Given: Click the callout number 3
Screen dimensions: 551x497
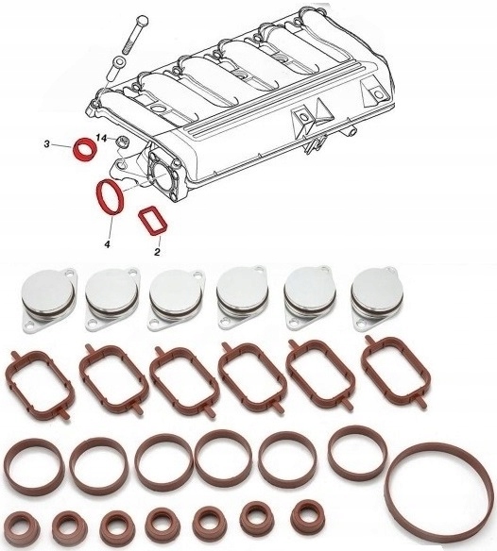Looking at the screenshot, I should tap(45, 143).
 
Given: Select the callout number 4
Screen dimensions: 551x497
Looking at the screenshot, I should tap(107, 243).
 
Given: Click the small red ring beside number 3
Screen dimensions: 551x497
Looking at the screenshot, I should tap(85, 148).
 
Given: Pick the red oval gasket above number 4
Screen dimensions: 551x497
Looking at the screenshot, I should tap(109, 199).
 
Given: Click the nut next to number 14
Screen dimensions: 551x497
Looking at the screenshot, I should tap(122, 143).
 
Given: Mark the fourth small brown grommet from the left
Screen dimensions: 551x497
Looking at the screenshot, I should tap(160, 521).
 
